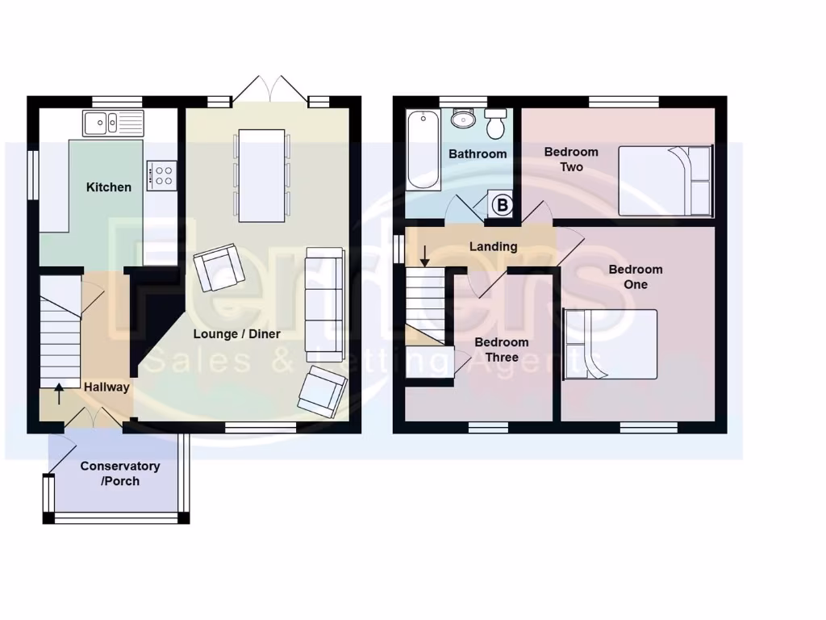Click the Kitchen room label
click(x=109, y=187)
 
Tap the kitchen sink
click(x=112, y=124)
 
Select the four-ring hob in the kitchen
click(x=161, y=175)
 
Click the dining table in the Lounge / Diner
click(x=262, y=175)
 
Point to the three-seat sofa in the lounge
click(x=325, y=304)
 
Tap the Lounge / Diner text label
click(x=236, y=333)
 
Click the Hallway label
click(x=106, y=387)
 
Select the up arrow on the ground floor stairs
click(x=58, y=395)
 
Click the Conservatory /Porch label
click(x=119, y=474)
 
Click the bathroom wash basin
click(x=464, y=119)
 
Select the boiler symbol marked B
click(x=502, y=206)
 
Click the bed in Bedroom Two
click(x=665, y=181)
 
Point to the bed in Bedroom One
click(x=611, y=344)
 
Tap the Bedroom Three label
click(x=502, y=350)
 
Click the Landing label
click(x=493, y=246)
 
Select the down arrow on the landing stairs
click(x=425, y=256)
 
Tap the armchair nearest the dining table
click(x=219, y=268)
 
